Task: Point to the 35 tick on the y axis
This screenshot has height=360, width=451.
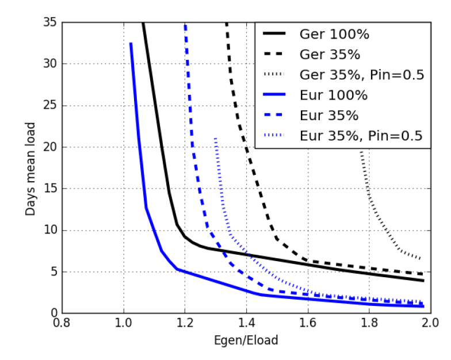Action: (51, 22)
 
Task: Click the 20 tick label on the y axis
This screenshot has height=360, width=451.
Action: (51, 147)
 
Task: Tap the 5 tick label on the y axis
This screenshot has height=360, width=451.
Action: (55, 271)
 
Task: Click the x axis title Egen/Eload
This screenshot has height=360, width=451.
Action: (246, 340)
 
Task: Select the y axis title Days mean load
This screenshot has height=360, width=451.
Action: (30, 168)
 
